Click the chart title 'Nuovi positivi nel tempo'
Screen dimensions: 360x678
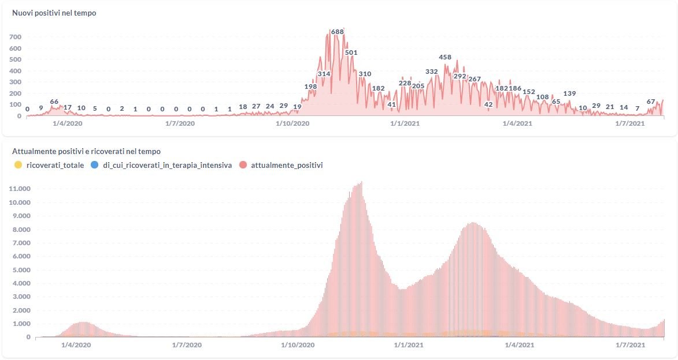pyautogui.click(x=54, y=13)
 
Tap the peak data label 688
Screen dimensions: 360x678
pyautogui.click(x=338, y=32)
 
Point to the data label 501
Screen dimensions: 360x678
pyautogui.click(x=351, y=52)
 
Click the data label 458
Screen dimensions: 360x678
pyautogui.click(x=445, y=57)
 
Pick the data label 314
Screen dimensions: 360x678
pyautogui.click(x=324, y=74)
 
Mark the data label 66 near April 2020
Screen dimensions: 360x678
pyautogui.click(x=54, y=102)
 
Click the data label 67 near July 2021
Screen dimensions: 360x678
pyautogui.click(x=651, y=102)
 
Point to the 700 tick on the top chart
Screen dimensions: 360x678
pyautogui.click(x=16, y=37)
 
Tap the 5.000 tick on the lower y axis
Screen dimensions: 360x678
pyautogui.click(x=21, y=269)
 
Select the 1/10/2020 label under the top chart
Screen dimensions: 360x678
pyautogui.click(x=292, y=123)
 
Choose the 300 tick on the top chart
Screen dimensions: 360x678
pyautogui.click(x=16, y=82)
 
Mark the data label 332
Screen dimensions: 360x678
pyautogui.click(x=432, y=72)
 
